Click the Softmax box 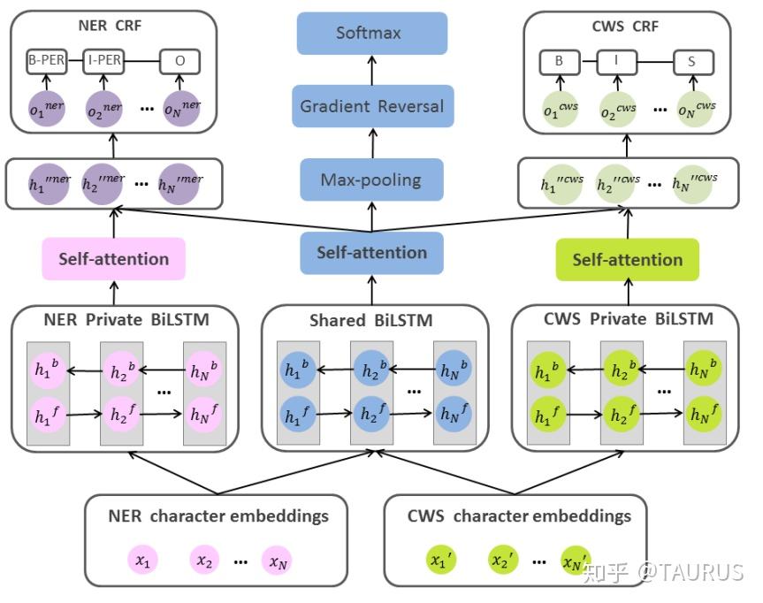coord(369,33)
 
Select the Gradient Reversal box coord(371,106)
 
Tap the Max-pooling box coord(370,180)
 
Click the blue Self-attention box coord(371,253)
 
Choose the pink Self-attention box coord(113,259)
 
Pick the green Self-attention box coord(627,260)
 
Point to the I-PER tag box coord(105,62)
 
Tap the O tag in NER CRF coord(179,62)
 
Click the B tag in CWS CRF coord(559,62)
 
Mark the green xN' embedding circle coord(576,560)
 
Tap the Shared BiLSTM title coord(370,319)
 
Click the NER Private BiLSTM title coord(114,319)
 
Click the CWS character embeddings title coord(519,515)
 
